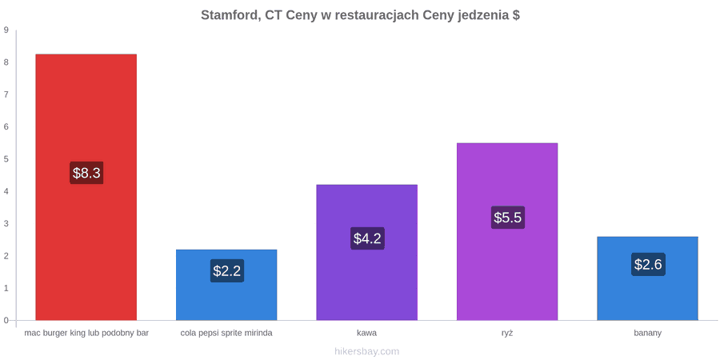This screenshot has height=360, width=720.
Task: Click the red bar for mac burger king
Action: point(86,187)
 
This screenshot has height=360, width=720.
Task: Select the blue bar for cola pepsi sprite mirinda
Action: point(226,285)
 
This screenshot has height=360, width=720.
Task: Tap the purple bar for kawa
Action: point(367,252)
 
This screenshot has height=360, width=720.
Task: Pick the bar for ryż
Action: point(507,231)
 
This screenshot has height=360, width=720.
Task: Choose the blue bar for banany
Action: point(647,278)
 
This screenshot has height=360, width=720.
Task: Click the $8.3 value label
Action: point(86,173)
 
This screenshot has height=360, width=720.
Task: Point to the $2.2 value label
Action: point(227,271)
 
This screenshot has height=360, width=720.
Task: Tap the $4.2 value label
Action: point(367,238)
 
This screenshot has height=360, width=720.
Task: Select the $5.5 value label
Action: point(508,218)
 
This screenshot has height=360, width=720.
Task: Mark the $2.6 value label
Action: point(648,265)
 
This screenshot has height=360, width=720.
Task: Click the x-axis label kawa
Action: point(367,333)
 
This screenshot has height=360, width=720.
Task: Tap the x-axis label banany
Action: point(648,334)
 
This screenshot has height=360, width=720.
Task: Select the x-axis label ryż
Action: point(507,334)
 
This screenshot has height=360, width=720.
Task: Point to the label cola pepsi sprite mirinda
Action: point(226,334)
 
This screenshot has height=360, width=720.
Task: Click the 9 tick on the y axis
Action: point(6,30)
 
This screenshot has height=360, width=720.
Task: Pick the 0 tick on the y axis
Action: point(6,321)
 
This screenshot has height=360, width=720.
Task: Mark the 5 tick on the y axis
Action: point(6,159)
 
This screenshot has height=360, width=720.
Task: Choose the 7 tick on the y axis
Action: point(6,94)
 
